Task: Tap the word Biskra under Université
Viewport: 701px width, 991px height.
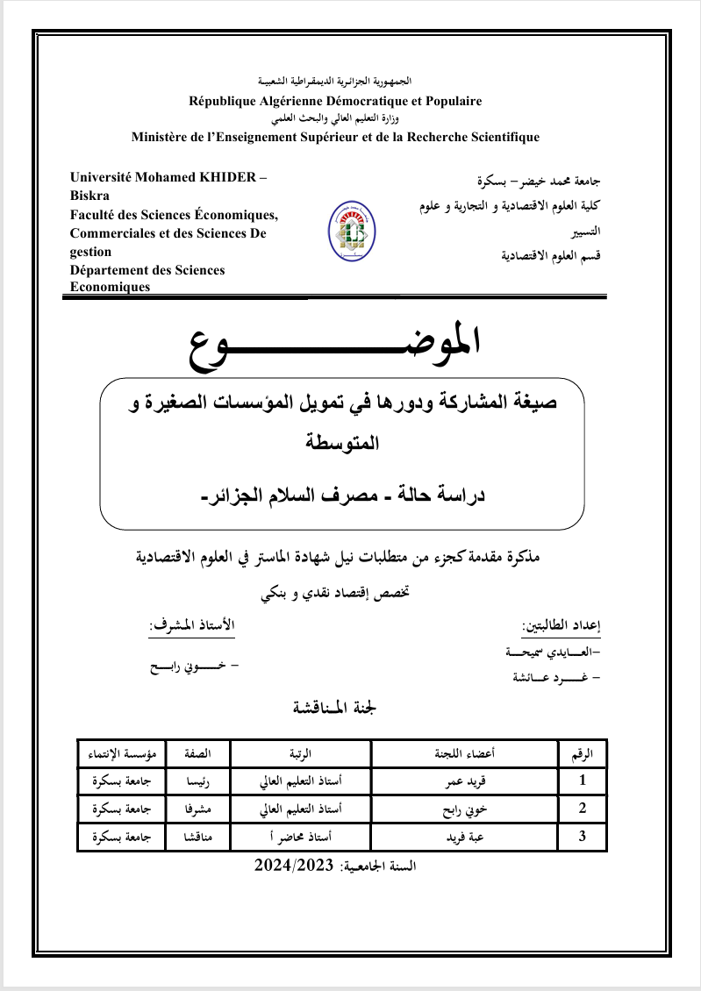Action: pyautogui.click(x=90, y=195)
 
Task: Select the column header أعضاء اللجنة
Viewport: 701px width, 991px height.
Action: pyautogui.click(x=465, y=752)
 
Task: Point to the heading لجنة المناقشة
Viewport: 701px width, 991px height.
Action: pyautogui.click(x=339, y=709)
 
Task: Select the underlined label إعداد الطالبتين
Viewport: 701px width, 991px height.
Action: pyautogui.click(x=562, y=627)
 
